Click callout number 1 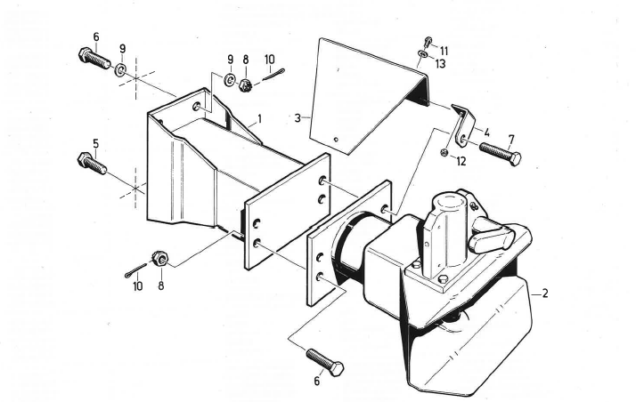click(x=259, y=117)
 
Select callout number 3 click(x=298, y=117)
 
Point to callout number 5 click(x=95, y=143)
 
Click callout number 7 click(x=511, y=140)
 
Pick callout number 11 click(x=444, y=51)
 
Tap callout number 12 click(x=461, y=161)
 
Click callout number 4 click(x=486, y=132)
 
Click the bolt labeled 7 click(x=500, y=152)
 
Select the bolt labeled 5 click(x=92, y=164)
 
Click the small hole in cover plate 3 click(x=335, y=139)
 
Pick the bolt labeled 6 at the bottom click(x=325, y=362)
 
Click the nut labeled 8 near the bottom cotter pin click(x=160, y=259)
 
